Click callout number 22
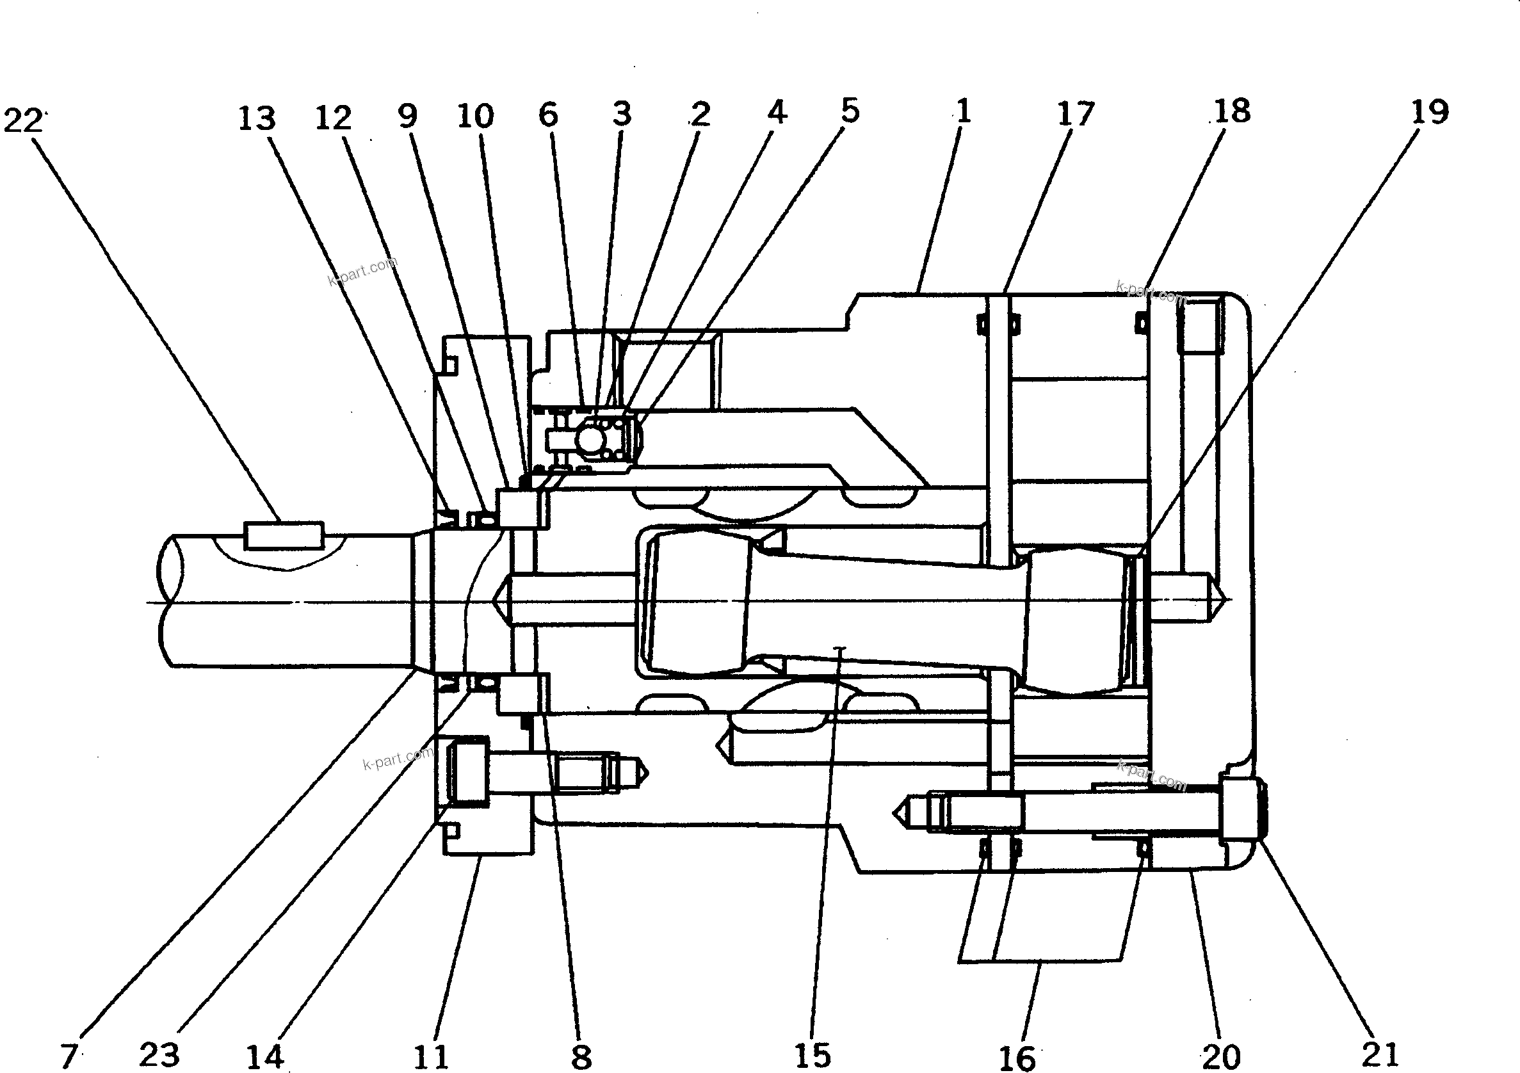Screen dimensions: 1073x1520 pos(22,121)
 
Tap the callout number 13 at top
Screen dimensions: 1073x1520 pos(256,119)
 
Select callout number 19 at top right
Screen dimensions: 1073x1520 pos(1429,113)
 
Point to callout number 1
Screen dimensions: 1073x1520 pos(963,111)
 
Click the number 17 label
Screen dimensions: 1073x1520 pos(1075,115)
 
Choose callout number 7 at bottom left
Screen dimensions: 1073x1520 pos(70,1055)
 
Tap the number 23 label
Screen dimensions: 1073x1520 pos(159,1054)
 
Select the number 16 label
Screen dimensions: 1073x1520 pos(1016,1058)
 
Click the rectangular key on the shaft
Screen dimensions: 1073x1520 pos(284,535)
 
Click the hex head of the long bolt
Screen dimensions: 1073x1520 pos(1241,811)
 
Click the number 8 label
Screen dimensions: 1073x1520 pos(581,1057)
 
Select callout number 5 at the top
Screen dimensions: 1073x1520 pos(850,111)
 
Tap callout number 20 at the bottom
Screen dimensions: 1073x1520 pos(1222,1056)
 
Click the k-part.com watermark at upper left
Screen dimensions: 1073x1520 pos(363,271)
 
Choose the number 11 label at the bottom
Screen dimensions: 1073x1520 pos(431,1056)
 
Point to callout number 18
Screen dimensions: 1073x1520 pos(1232,112)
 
